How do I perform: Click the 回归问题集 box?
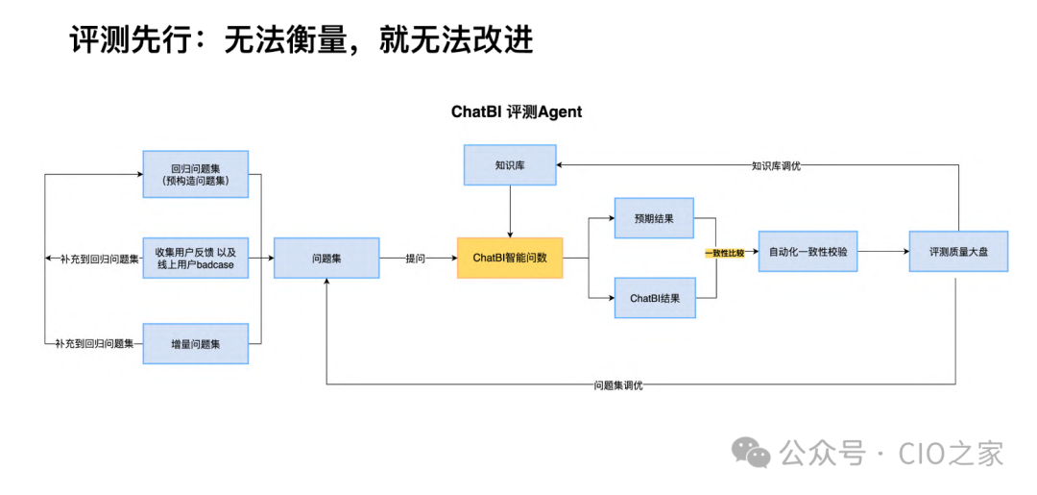coord(195,174)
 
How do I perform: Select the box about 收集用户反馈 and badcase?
coord(195,258)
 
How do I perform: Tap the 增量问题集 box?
coord(195,343)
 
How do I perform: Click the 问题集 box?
coord(326,258)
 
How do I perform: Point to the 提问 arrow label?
coord(416,258)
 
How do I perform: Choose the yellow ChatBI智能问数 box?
coord(510,258)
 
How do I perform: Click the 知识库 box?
coord(510,165)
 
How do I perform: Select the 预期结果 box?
coord(654,218)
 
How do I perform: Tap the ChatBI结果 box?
coord(654,298)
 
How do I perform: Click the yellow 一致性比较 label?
coord(724,254)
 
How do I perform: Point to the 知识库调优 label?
coord(776,165)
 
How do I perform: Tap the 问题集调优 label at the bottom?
coord(618,385)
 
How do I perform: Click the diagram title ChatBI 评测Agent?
coord(517,111)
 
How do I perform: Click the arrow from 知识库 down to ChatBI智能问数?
coord(510,210)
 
